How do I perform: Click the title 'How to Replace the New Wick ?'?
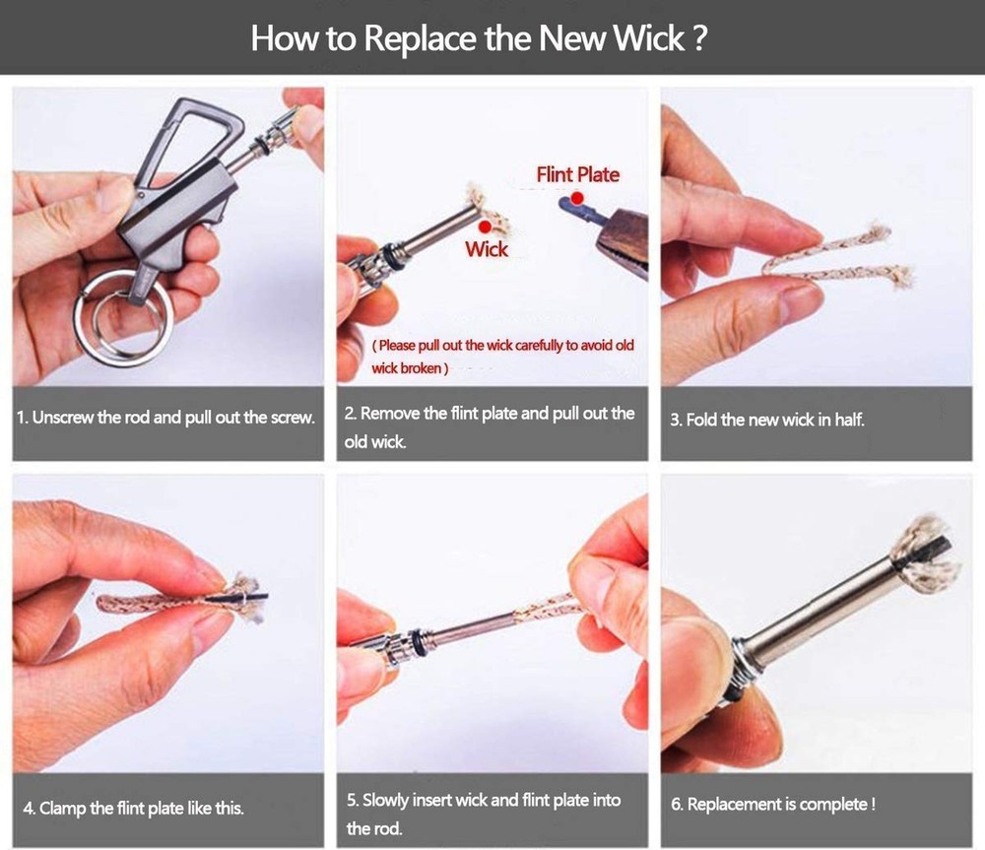(479, 38)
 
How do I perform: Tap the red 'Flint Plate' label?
(578, 174)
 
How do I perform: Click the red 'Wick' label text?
(487, 249)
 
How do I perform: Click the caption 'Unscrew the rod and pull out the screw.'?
(165, 418)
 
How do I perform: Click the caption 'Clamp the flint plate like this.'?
(133, 809)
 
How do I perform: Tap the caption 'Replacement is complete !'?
(773, 805)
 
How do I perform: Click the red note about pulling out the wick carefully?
(501, 357)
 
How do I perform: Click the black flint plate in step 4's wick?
(242, 598)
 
